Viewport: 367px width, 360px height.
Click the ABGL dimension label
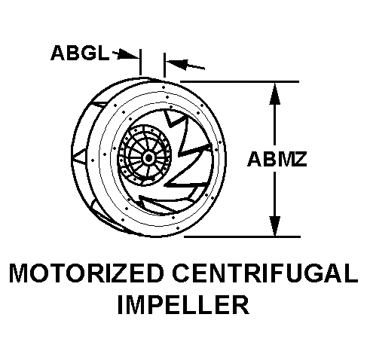point(80,53)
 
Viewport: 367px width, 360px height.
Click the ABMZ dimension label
point(277,159)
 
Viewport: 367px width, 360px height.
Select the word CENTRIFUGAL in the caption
point(265,273)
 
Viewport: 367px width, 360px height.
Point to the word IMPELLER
point(183,304)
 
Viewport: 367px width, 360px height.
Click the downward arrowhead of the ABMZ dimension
point(275,225)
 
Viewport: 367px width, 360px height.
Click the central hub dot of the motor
point(148,158)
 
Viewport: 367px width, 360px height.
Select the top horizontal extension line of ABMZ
point(240,81)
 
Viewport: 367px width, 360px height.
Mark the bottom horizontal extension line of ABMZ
point(242,236)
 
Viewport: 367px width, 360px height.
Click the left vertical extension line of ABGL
point(140,62)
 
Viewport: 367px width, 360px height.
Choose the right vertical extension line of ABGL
point(164,65)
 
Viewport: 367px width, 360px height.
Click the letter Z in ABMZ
point(299,159)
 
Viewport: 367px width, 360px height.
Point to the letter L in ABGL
point(103,53)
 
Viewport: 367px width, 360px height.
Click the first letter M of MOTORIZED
point(18,273)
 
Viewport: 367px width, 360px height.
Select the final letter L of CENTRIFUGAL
point(350,273)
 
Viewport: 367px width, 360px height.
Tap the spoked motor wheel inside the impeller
point(145,155)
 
